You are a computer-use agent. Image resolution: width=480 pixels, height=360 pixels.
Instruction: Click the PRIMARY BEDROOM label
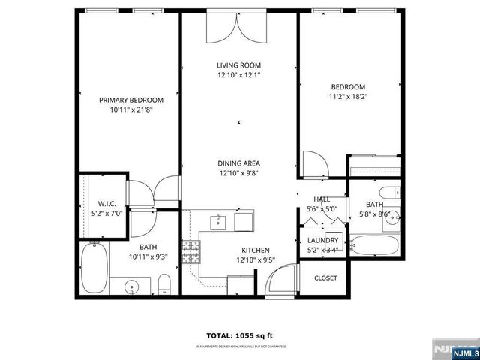tap(131, 100)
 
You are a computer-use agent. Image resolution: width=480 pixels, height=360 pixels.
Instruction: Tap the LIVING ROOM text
tap(238, 66)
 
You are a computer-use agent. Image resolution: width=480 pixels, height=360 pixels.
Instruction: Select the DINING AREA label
tap(238, 163)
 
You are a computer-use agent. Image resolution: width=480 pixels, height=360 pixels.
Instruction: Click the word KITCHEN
tap(255, 250)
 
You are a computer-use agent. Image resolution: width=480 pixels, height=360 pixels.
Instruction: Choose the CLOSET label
tap(325, 277)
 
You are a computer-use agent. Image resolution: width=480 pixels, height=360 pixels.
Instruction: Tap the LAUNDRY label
tap(323, 240)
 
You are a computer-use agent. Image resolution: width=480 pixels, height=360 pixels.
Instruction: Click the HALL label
tap(322, 199)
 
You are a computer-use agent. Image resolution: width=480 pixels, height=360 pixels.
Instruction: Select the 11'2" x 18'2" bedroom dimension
tap(348, 96)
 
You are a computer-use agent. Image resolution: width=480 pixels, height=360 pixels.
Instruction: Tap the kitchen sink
tap(219, 221)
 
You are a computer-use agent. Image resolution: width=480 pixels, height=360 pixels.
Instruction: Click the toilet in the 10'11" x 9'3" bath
tap(165, 284)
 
